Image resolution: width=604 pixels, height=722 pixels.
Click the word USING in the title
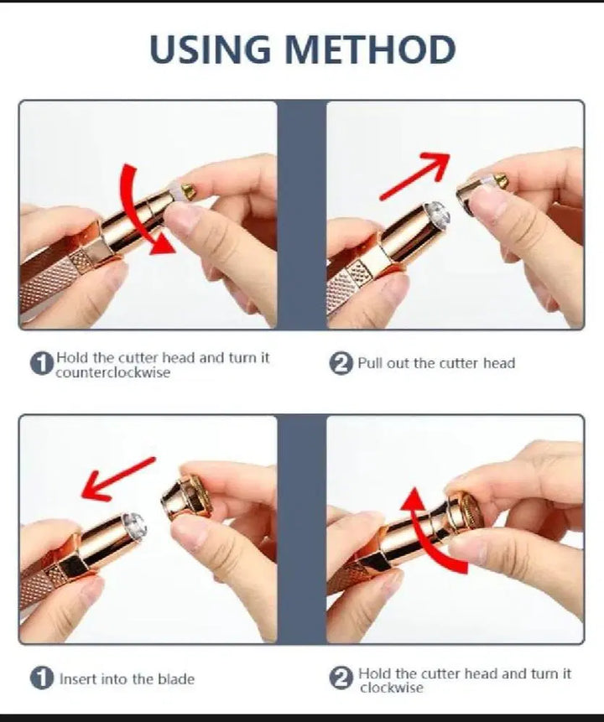tap(210, 49)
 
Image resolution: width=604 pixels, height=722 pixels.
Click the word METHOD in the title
tap(371, 49)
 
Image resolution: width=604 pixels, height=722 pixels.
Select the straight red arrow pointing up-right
tap(414, 176)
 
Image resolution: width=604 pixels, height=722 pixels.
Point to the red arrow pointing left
tap(118, 479)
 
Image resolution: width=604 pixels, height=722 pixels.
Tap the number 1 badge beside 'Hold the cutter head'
tap(41, 364)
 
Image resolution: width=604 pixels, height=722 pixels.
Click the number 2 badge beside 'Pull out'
tap(341, 364)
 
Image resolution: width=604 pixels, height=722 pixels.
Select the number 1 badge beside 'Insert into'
tap(42, 678)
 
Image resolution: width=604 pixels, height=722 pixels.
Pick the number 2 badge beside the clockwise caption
tap(341, 678)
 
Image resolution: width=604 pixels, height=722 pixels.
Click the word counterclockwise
tap(113, 372)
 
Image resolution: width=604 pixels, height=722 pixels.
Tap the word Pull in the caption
tap(370, 363)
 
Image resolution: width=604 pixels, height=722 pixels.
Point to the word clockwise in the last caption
tap(391, 688)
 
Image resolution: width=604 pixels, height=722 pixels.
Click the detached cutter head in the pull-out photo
tap(482, 190)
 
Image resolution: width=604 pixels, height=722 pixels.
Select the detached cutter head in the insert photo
tap(187, 498)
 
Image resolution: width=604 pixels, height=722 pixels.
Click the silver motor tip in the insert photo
tap(133, 525)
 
